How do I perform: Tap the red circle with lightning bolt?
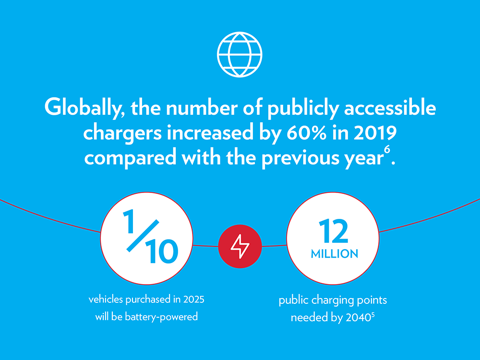click(x=240, y=247)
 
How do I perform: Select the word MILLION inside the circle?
click(x=335, y=253)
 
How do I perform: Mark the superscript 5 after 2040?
click(x=372, y=315)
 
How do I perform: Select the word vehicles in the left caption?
click(x=104, y=300)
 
